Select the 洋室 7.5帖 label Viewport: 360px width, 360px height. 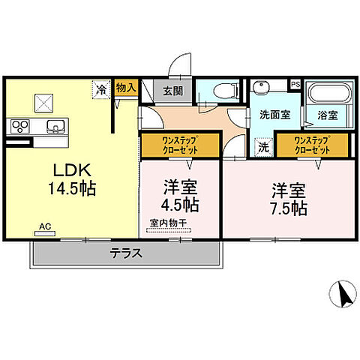[289, 198]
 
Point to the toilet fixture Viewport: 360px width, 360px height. [223, 92]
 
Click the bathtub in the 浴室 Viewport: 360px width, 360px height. [328, 95]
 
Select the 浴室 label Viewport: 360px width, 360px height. [327, 117]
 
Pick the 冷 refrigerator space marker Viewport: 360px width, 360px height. [102, 89]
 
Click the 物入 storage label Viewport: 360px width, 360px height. [127, 88]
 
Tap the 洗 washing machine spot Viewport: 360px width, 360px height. [262, 147]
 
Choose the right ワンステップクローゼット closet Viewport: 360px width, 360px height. [312, 145]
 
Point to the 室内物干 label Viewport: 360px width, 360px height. [169, 222]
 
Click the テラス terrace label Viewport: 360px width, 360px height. [127, 253]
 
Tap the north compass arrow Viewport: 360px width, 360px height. [344, 293]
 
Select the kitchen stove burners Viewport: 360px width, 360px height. [18, 125]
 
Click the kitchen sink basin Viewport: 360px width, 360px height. [54, 125]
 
